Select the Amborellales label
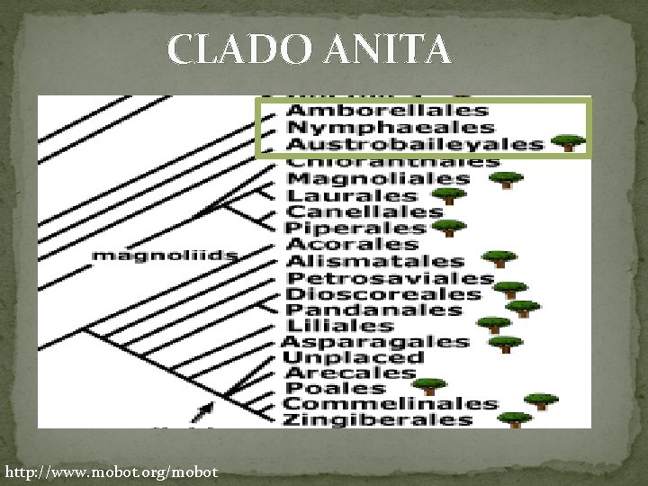click(x=387, y=111)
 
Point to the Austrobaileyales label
click(x=415, y=145)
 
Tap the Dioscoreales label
click(x=383, y=294)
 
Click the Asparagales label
click(x=375, y=342)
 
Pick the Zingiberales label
click(x=378, y=419)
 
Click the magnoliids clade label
click(x=165, y=256)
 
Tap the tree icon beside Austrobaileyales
click(x=567, y=143)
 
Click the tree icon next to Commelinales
click(x=541, y=401)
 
